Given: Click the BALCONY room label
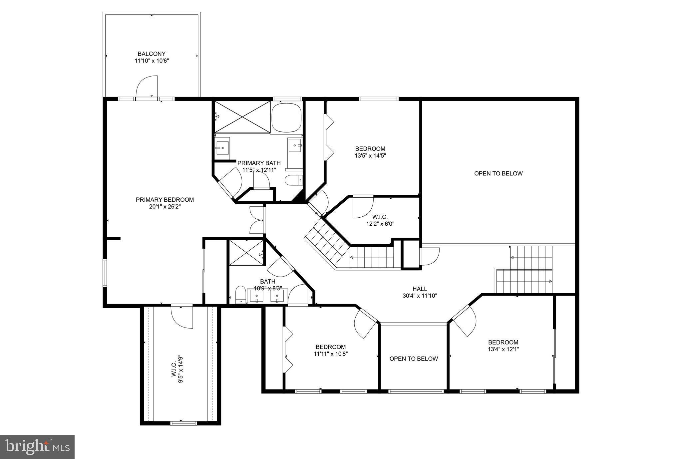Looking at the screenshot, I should pos(152,54).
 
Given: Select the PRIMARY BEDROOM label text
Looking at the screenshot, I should pos(165,200).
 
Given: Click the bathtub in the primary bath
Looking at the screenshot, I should pos(286,117).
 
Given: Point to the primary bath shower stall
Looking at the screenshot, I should pos(242,117).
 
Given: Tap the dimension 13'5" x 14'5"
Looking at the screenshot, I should pos(370,155).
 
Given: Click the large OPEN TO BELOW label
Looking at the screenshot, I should pos(498,173).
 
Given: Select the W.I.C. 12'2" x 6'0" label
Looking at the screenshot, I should pos(380,220).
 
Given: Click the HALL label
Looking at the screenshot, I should pos(420,289).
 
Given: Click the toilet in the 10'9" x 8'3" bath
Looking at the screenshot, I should pos(240,295).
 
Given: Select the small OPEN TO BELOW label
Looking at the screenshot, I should pos(414,359).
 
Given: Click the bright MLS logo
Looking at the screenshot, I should pos(37,447).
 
